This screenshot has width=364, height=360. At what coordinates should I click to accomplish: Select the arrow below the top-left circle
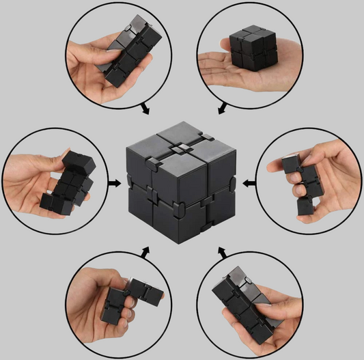[x=144, y=109]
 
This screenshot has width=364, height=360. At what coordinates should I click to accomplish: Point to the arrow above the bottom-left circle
[x=145, y=253]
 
